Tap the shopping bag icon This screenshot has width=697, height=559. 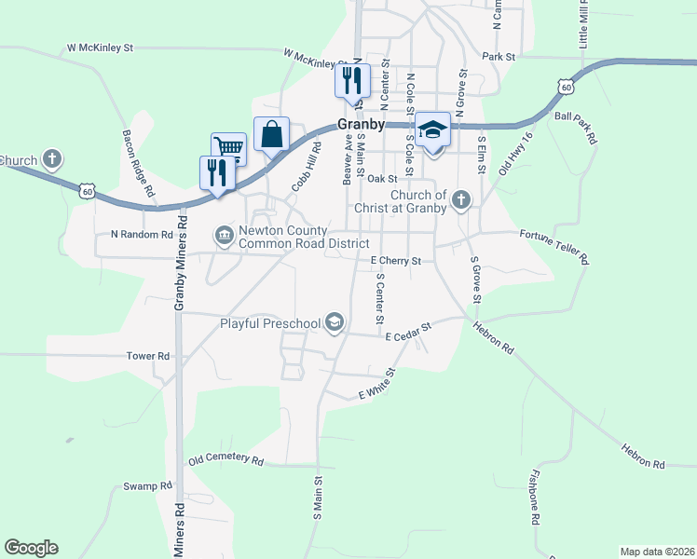coord(271,134)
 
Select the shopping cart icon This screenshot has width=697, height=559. coord(229,147)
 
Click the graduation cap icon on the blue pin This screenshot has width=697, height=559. coord(432,129)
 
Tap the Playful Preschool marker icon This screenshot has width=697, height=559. coord(335,323)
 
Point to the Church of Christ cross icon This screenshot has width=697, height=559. coord(460,200)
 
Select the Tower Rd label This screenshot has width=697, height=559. coord(149,356)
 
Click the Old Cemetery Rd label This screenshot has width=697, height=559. coord(225,460)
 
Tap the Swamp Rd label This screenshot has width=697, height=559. coord(148,486)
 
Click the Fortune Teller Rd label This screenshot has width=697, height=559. coord(553,249)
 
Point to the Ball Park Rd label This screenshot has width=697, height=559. coord(575,128)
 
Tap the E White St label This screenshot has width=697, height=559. coord(377,385)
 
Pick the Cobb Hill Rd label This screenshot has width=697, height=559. coord(306,167)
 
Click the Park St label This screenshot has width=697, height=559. coord(499,57)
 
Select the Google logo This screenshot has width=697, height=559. coord(32,548)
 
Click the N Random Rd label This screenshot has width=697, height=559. coord(142,235)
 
